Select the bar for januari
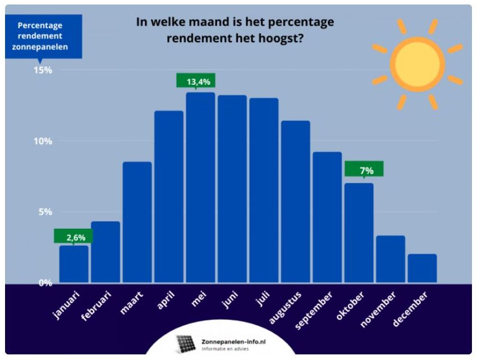coord(74,264)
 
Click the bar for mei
coord(201,187)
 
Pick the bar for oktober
coord(359,232)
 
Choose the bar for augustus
coord(296,201)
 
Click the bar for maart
coord(137,221)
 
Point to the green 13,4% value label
coord(196,81)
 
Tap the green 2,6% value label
coord(74,236)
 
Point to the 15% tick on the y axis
coord(43,70)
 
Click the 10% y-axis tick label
coord(43,141)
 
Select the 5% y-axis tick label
coord(45,211)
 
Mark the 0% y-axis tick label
coord(45,283)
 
